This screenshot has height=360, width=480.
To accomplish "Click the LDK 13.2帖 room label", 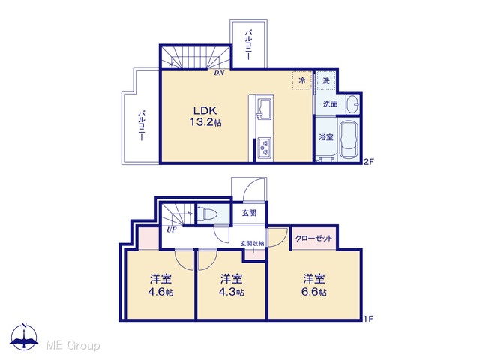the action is (x=205, y=116).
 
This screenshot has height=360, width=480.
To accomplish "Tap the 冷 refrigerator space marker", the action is (x=302, y=80).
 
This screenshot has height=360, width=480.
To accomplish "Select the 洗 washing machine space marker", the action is (x=326, y=80).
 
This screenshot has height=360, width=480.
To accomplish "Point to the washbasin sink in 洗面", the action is (x=352, y=104).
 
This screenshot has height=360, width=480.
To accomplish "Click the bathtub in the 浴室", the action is (x=349, y=140).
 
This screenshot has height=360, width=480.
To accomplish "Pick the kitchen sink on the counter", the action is (x=264, y=109).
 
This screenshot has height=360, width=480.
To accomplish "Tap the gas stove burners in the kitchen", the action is (x=264, y=148).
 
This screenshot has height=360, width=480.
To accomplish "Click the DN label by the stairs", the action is (x=219, y=73).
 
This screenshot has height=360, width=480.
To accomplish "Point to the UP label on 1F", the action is (x=172, y=229).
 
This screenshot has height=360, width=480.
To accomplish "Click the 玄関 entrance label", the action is (x=249, y=213).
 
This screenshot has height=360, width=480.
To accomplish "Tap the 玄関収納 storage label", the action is (x=252, y=243).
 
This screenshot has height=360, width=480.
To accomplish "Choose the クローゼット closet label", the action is (x=314, y=238).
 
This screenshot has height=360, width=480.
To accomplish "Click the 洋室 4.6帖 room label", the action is (x=160, y=285).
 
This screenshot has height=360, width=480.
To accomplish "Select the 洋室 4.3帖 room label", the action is (x=232, y=285).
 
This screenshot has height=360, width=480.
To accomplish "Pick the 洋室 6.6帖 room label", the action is (x=314, y=285).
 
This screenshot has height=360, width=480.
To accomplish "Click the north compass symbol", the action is (x=24, y=336).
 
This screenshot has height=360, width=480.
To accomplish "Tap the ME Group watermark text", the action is (x=73, y=345).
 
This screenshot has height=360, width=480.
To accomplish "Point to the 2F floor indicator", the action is (x=369, y=162).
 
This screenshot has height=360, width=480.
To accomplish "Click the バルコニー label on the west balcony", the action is (x=141, y=125).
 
